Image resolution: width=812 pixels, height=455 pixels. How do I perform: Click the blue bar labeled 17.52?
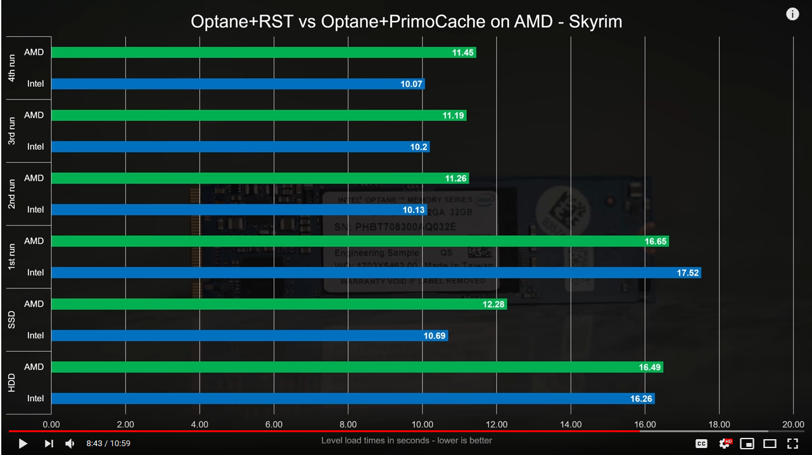tap(376, 272)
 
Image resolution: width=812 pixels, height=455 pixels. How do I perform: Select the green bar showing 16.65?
tap(360, 241)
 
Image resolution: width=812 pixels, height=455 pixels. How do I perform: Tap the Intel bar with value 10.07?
tap(238, 84)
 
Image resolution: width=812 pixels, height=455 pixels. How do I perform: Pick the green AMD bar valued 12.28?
tap(279, 304)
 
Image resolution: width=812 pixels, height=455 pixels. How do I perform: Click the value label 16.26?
tap(641, 399)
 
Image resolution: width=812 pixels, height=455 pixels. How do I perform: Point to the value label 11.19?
tap(454, 115)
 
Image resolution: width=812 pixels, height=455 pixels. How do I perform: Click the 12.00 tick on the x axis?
tap(497, 425)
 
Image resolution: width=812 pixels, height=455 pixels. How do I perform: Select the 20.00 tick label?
tap(793, 425)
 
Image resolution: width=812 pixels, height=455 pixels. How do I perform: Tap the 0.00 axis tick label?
tap(51, 425)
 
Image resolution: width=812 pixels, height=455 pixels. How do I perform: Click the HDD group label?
tap(12, 383)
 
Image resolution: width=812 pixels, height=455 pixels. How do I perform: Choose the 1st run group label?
tap(12, 257)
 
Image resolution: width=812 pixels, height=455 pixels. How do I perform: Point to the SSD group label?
tap(12, 320)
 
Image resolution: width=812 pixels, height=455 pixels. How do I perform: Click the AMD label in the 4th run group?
tap(34, 52)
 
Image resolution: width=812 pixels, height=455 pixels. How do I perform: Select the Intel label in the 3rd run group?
tap(35, 146)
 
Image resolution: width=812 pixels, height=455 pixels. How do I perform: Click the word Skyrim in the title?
tap(595, 22)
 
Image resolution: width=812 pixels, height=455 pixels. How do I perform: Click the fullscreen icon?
tap(792, 444)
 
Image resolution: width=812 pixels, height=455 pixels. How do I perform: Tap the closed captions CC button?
tap(701, 444)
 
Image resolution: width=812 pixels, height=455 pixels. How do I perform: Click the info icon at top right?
tap(792, 14)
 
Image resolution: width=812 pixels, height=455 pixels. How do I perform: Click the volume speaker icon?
tap(70, 444)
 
